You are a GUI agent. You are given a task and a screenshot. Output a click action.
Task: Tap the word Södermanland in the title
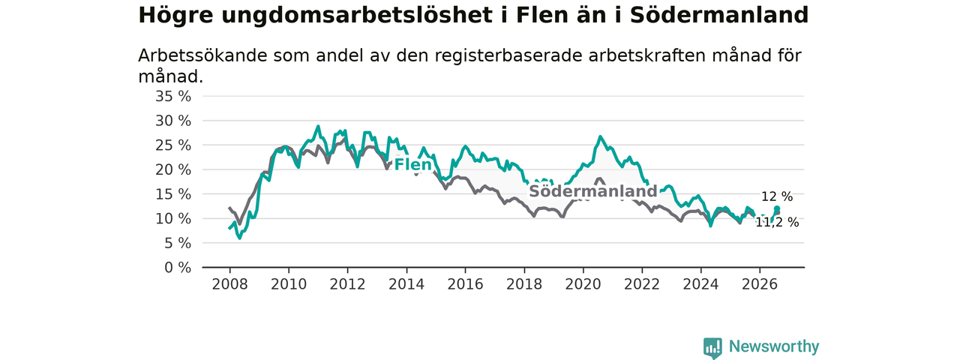click(719, 16)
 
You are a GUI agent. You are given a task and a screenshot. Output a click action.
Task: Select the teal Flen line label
click(412, 164)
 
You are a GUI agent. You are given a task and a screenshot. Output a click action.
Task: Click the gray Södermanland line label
click(593, 191)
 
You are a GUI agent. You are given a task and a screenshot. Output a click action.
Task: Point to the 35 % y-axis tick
click(173, 97)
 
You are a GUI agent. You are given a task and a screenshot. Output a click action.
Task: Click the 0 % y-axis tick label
click(178, 268)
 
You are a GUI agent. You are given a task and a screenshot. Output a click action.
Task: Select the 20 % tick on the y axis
click(173, 170)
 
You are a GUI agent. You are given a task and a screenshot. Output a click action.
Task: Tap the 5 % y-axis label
click(178, 244)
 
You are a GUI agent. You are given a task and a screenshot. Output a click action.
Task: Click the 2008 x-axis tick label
click(229, 284)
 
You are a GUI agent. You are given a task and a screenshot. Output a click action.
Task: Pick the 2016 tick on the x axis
click(466, 284)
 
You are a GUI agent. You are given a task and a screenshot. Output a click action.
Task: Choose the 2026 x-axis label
click(760, 284)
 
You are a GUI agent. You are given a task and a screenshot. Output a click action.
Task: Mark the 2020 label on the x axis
click(583, 284)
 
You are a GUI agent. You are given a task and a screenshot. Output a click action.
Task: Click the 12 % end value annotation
click(777, 196)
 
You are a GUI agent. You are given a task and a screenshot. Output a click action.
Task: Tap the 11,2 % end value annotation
click(777, 223)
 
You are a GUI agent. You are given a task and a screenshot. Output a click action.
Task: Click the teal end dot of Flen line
click(777, 208)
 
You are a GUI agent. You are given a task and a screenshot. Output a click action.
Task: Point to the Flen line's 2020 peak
click(600, 136)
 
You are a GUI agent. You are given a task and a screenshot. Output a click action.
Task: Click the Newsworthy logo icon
click(712, 347)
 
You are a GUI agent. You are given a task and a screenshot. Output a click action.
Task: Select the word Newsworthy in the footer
click(774, 346)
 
